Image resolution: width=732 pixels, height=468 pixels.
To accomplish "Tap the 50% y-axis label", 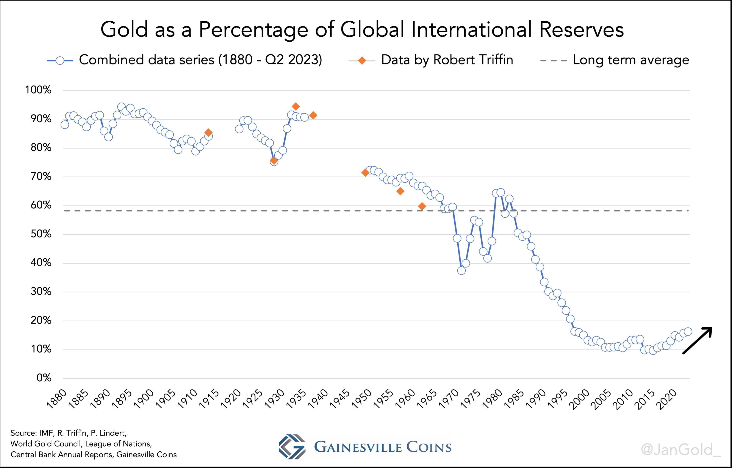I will [41, 234].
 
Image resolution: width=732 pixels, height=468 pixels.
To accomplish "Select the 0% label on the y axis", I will [44, 378].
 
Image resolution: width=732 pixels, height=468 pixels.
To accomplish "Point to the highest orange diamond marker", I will [296, 106].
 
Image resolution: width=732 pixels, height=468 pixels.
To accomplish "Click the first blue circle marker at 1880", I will [65, 125].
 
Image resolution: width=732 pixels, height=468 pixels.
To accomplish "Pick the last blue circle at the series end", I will [688, 332].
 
